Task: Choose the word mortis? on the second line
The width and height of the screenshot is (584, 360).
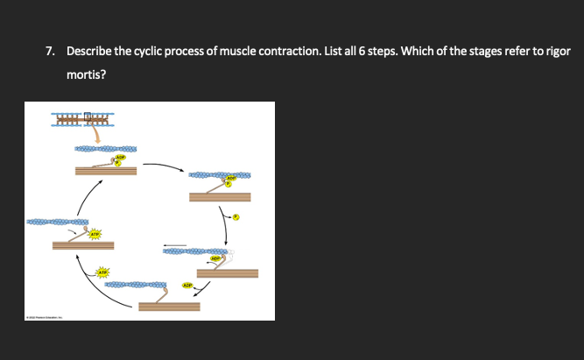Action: tap(87, 75)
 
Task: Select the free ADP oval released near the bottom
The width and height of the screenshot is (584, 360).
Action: tap(186, 285)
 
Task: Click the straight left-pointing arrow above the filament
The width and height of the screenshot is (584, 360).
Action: tap(174, 244)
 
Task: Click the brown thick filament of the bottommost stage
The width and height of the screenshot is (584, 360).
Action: tap(168, 307)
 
